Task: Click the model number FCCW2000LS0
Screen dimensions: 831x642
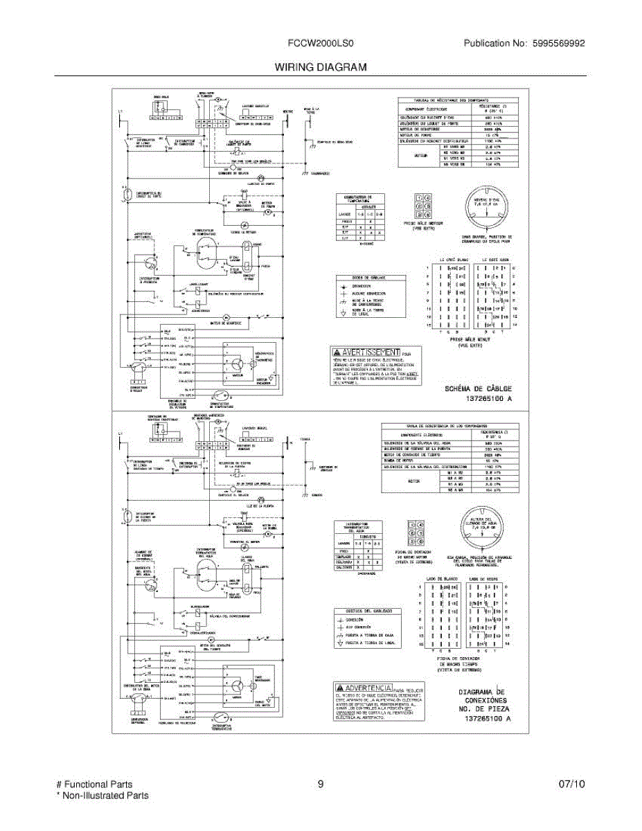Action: (321, 44)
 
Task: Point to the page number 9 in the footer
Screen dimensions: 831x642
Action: (321, 785)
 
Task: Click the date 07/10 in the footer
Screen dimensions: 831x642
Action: (572, 785)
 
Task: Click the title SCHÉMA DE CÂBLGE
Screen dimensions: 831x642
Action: (478, 389)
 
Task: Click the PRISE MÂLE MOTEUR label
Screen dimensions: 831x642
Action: (422, 224)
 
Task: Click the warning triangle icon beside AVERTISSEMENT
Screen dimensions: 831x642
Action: (337, 352)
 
